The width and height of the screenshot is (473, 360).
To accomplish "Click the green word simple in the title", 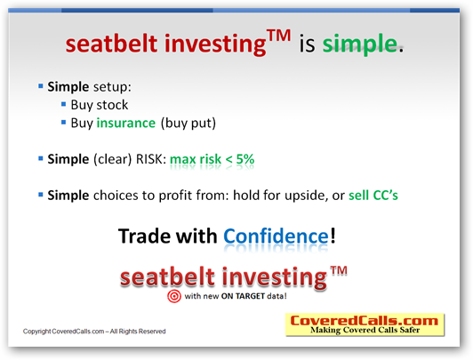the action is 359,44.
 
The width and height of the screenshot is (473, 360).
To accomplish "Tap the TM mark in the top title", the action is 279,36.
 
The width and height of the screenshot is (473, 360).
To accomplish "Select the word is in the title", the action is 307,44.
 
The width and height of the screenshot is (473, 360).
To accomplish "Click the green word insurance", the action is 125,123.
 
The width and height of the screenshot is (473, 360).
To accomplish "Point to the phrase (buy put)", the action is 188,124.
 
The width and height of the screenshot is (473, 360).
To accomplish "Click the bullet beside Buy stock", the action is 63,104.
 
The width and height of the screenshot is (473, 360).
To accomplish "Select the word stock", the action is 112,105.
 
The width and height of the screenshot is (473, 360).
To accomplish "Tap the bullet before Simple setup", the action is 40,86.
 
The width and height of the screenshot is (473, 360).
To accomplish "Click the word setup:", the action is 112,87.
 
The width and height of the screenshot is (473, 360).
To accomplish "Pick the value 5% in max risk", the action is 245,159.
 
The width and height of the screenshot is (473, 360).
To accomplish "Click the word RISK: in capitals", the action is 151,159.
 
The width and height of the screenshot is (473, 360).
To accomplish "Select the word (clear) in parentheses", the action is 113,159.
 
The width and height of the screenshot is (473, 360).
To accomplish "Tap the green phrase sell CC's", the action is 373,196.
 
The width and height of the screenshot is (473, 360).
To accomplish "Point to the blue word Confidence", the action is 276,236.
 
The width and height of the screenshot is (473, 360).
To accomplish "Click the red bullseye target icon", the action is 174,296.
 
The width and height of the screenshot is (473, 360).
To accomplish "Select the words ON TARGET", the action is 243,296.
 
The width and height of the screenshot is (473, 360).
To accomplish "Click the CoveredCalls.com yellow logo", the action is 365,324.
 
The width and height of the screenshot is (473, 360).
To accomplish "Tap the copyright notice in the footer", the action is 94,332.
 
